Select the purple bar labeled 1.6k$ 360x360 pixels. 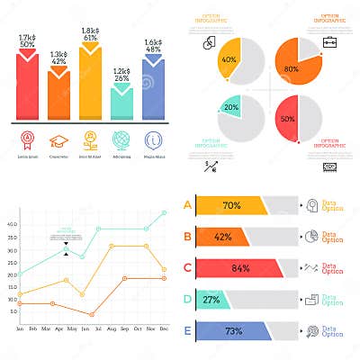(153, 90)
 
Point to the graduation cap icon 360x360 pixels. (59, 140)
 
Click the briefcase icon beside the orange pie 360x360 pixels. (329, 40)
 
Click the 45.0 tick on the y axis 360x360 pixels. (11, 212)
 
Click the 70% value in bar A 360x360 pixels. (231, 205)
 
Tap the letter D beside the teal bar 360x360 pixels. (187, 298)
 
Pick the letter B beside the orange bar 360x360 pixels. (187, 237)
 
